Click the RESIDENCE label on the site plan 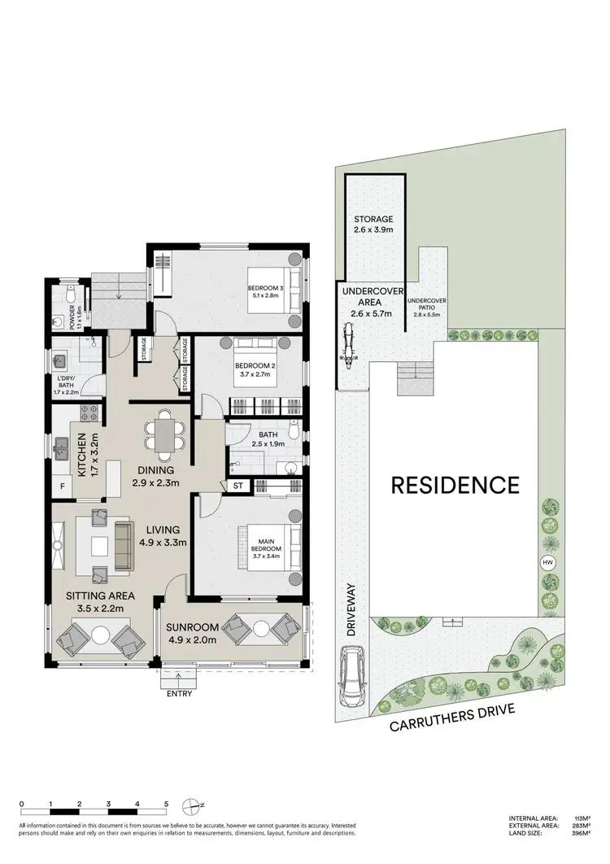point(455,486)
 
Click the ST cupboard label point(238,486)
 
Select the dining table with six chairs point(164,433)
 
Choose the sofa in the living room point(124,545)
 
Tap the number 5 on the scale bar point(166,804)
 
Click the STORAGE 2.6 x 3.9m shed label point(373,225)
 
